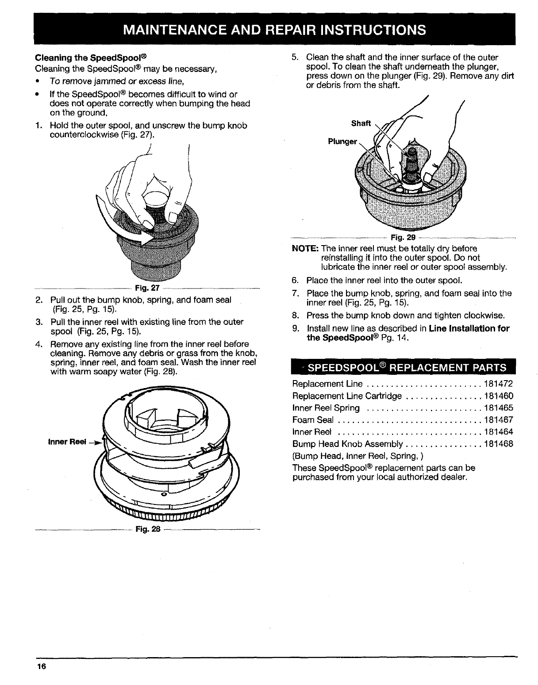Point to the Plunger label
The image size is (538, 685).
pos(342,142)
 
